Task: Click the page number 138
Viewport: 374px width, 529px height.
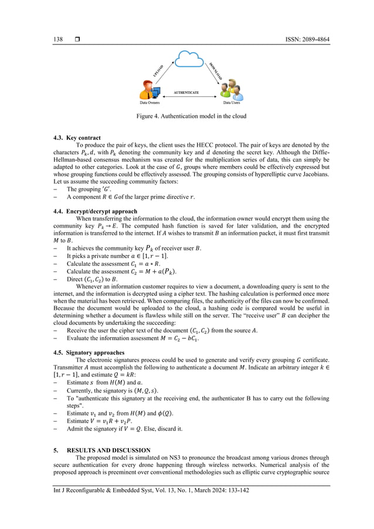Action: pos(58,39)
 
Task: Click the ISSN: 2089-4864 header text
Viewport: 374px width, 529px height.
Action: pos(297,39)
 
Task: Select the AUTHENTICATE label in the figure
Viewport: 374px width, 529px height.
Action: pos(186,93)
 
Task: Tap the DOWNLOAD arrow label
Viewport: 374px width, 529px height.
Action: pos(215,70)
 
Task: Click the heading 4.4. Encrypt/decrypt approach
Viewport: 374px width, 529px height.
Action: pos(95,211)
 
